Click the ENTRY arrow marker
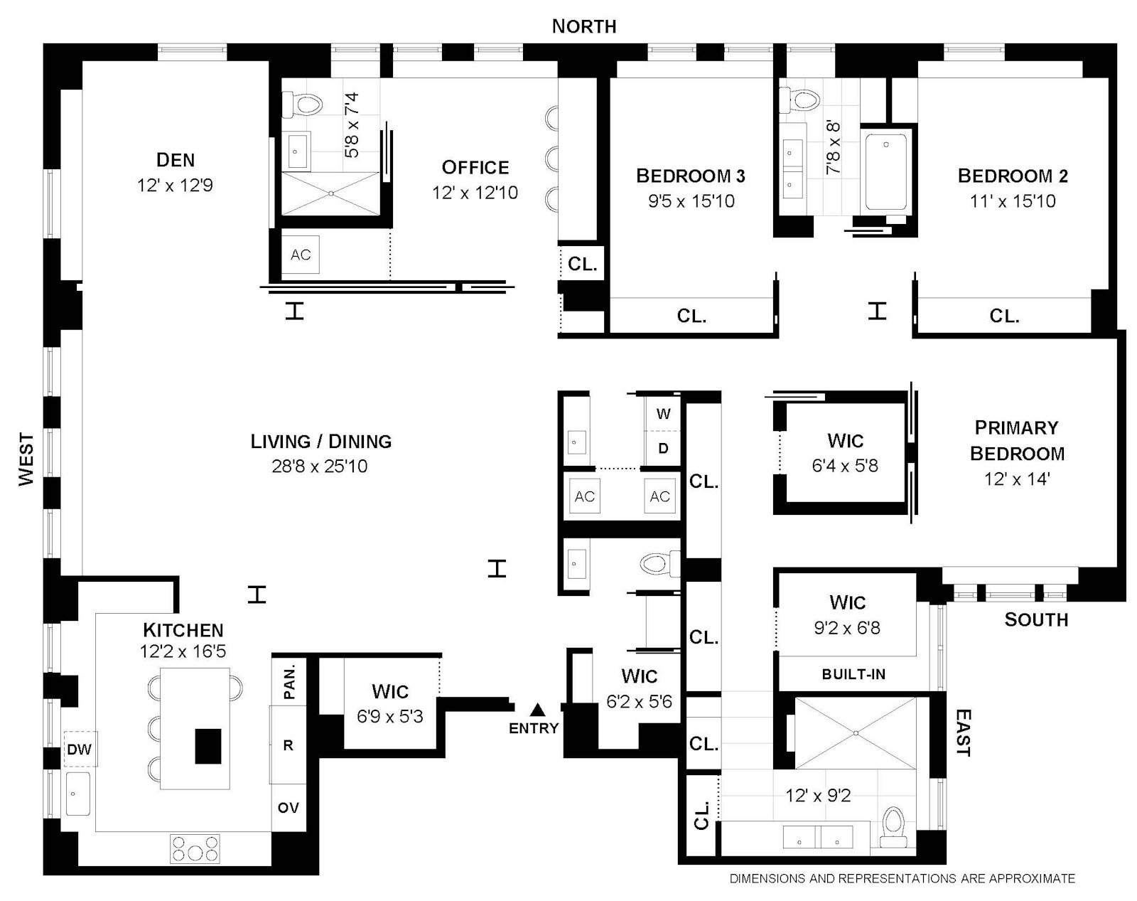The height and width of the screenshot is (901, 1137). (x=538, y=710)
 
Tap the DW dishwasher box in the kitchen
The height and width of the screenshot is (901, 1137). (x=80, y=750)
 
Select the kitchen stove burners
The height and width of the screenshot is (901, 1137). (x=195, y=848)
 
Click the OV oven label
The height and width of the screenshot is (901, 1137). (x=288, y=808)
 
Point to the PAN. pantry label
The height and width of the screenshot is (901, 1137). (x=289, y=681)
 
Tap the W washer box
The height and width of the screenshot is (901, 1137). (x=663, y=414)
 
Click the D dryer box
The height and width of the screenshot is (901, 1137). (x=663, y=449)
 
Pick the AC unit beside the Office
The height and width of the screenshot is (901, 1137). (x=301, y=255)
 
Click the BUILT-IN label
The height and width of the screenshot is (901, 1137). (x=853, y=674)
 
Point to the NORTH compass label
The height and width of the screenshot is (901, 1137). (x=584, y=26)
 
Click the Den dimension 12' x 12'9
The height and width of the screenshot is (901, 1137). (x=175, y=186)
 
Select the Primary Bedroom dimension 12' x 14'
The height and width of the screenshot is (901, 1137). (x=1016, y=479)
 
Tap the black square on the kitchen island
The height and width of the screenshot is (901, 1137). (x=208, y=746)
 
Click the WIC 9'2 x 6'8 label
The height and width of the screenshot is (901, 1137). (x=847, y=615)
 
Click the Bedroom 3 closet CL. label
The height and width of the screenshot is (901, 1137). (x=691, y=316)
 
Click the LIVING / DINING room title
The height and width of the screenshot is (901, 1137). (x=320, y=441)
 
